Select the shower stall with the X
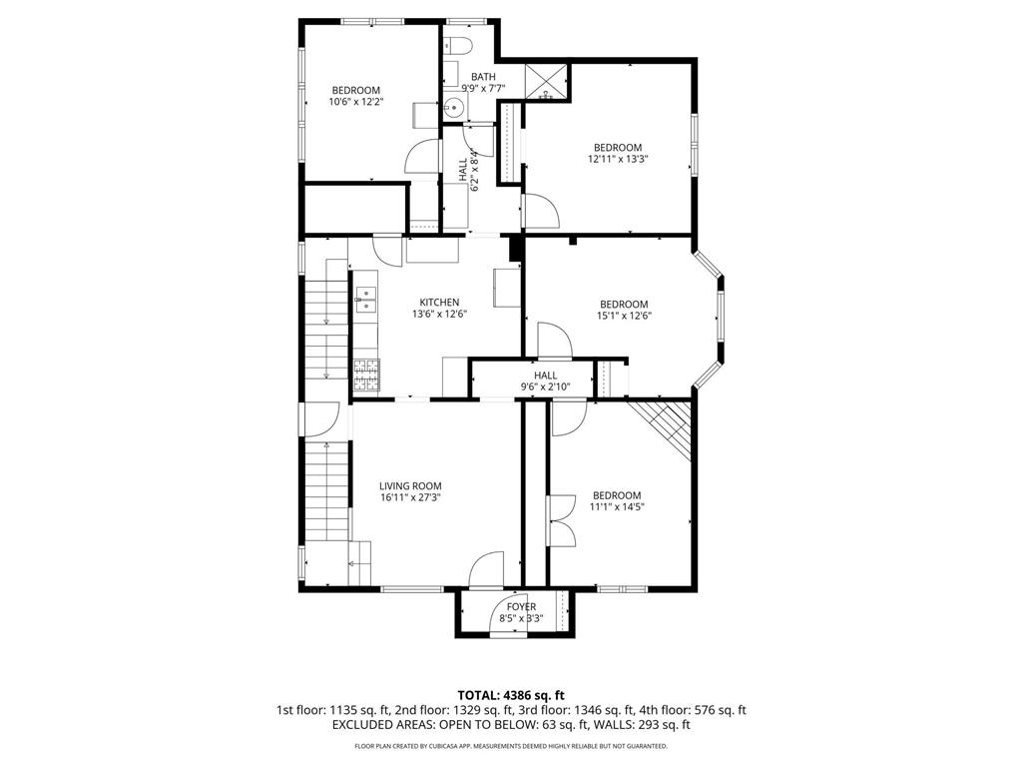[546, 82]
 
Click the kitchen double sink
[365, 300]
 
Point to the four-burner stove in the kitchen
[367, 376]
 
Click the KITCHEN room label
[439, 302]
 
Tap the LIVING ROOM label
[410, 486]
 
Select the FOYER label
[521, 606]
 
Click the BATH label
[484, 77]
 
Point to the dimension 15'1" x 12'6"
[625, 316]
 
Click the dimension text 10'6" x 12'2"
[355, 102]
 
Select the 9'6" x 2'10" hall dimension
[546, 386]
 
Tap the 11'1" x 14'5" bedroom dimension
[617, 506]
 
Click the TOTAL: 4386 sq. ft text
[511, 695]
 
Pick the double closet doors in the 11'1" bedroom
[561, 520]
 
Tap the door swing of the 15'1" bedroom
[554, 340]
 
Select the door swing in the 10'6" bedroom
[423, 157]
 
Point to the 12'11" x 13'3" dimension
[618, 159]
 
